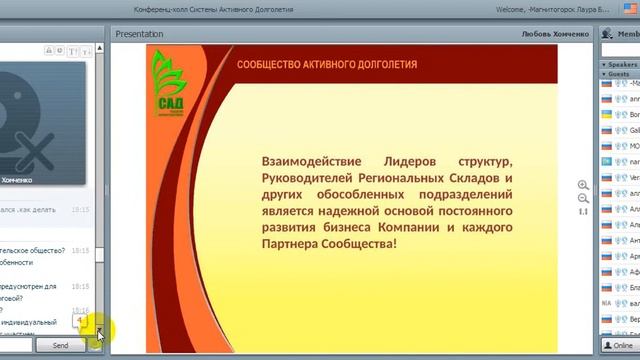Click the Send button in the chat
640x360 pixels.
(60, 345)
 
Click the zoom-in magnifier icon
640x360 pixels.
(583, 185)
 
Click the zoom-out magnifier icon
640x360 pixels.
(583, 198)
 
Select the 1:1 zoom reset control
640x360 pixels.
(583, 211)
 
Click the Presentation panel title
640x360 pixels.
(139, 34)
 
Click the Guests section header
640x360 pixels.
(620, 74)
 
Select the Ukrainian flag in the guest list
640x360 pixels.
(606, 115)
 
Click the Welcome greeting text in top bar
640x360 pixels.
(517, 9)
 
